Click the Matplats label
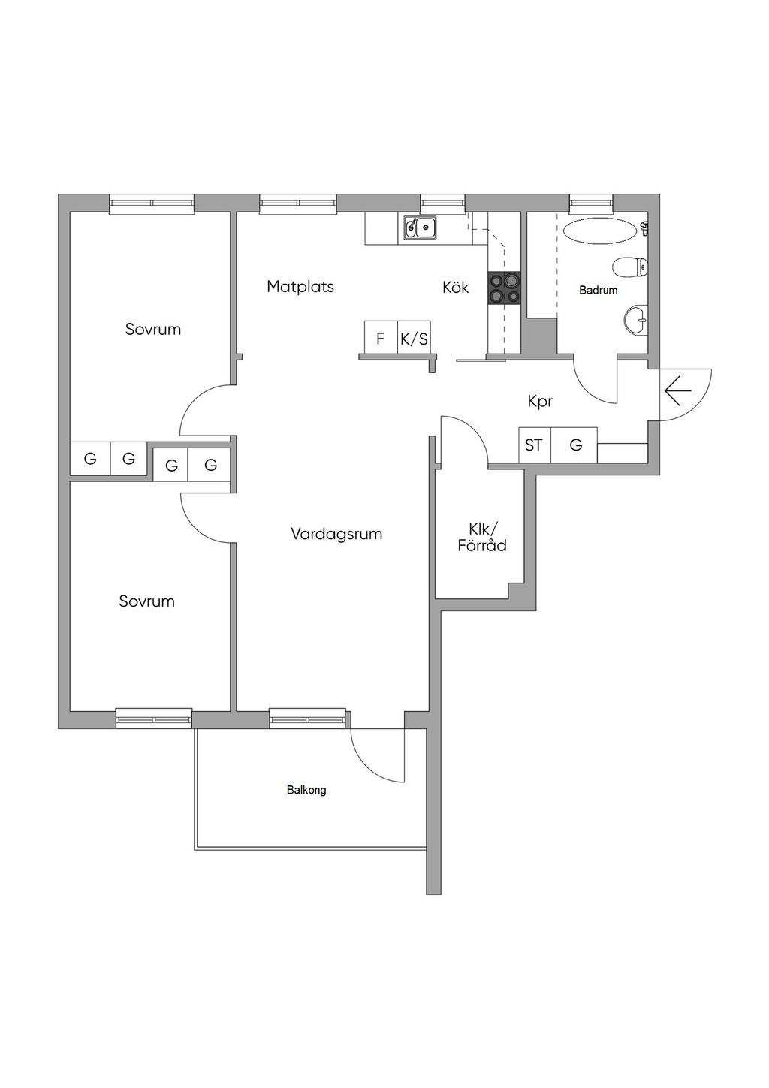tap(300, 287)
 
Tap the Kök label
tap(455, 287)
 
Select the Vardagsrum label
tap(336, 535)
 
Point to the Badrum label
tap(598, 290)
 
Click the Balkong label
tap(306, 790)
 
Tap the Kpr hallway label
tap(540, 402)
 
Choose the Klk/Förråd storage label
tap(482, 537)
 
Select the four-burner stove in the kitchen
tap(504, 288)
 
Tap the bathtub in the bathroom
tap(600, 231)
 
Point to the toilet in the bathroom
tap(630, 266)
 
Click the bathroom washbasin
tap(636, 320)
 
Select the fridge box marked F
tap(381, 337)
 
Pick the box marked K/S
tap(415, 337)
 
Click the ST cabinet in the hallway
tap(535, 445)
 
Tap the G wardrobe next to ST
tap(574, 445)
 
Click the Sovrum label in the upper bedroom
tap(153, 330)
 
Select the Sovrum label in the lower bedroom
tap(146, 601)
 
